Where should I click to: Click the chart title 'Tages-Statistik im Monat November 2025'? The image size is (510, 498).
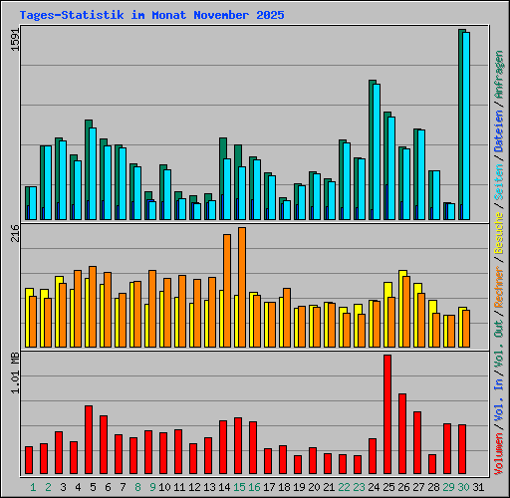(x=151, y=16)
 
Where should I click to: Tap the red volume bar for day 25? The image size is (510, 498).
(x=387, y=414)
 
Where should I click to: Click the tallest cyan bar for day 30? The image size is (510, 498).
(x=466, y=125)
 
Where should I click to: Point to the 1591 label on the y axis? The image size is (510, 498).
(x=14, y=44)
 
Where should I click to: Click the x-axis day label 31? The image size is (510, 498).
(x=478, y=487)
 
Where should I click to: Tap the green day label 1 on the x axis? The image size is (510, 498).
(x=33, y=487)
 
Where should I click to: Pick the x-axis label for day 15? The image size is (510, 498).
(x=240, y=487)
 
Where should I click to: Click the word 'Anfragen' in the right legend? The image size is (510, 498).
(x=499, y=75)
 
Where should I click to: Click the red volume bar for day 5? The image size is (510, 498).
(x=89, y=440)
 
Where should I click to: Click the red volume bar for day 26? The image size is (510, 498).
(x=402, y=434)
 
